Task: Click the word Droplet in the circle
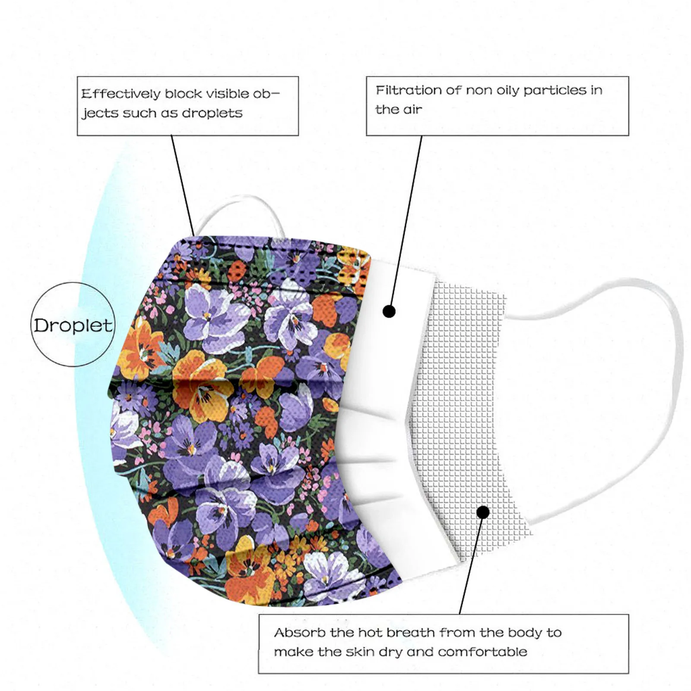click(73, 325)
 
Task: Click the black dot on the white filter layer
click(389, 311)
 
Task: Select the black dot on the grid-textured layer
click(483, 512)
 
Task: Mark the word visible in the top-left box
click(228, 94)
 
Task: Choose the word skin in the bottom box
click(360, 652)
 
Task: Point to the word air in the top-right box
click(412, 110)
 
